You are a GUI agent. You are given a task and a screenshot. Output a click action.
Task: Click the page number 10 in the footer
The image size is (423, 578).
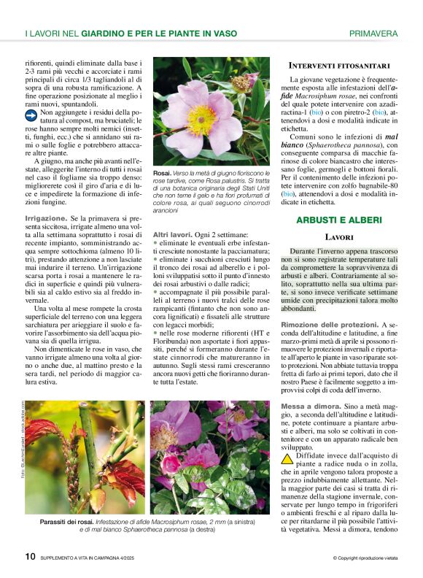31,556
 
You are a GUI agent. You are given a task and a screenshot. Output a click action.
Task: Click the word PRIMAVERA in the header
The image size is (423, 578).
373,34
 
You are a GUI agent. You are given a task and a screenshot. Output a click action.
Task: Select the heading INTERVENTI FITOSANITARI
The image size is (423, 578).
339,66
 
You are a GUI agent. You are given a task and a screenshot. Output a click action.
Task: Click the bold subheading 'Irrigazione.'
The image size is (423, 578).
45,218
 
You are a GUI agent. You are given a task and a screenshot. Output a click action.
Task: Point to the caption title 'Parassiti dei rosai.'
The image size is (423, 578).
72,523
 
